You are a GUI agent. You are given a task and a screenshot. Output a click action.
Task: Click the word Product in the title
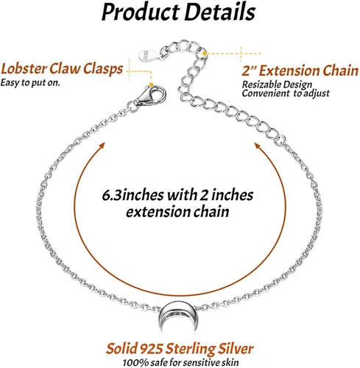(x=141, y=13)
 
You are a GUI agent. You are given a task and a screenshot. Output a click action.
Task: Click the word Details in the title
(x=220, y=11)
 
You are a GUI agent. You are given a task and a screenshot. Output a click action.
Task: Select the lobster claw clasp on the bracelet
(x=150, y=96)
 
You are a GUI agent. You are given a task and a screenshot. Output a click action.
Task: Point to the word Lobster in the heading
(x=24, y=68)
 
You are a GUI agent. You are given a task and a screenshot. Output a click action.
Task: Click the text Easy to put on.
(x=30, y=82)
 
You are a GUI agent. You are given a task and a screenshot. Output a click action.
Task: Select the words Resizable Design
(x=277, y=85)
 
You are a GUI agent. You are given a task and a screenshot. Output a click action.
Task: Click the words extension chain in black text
(x=177, y=212)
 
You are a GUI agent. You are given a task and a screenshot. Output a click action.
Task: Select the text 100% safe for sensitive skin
(x=180, y=362)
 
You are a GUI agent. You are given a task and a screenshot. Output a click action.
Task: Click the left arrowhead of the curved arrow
(x=101, y=146)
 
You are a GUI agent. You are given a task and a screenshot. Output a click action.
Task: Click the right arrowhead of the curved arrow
(x=258, y=146)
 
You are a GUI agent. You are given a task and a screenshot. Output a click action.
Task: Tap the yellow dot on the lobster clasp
(x=152, y=85)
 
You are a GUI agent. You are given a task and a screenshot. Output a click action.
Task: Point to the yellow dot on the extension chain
(x=205, y=53)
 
